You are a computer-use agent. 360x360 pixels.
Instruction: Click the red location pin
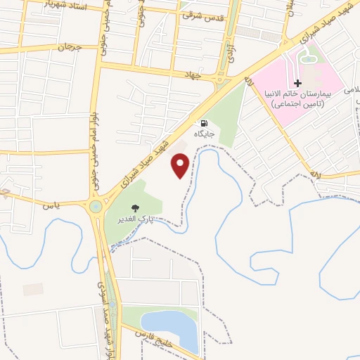(181, 165)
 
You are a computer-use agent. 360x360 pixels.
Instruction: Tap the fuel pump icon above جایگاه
(204, 122)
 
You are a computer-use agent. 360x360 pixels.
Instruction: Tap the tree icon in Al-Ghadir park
(135, 207)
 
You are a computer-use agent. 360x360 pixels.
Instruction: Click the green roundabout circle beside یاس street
(95, 207)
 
